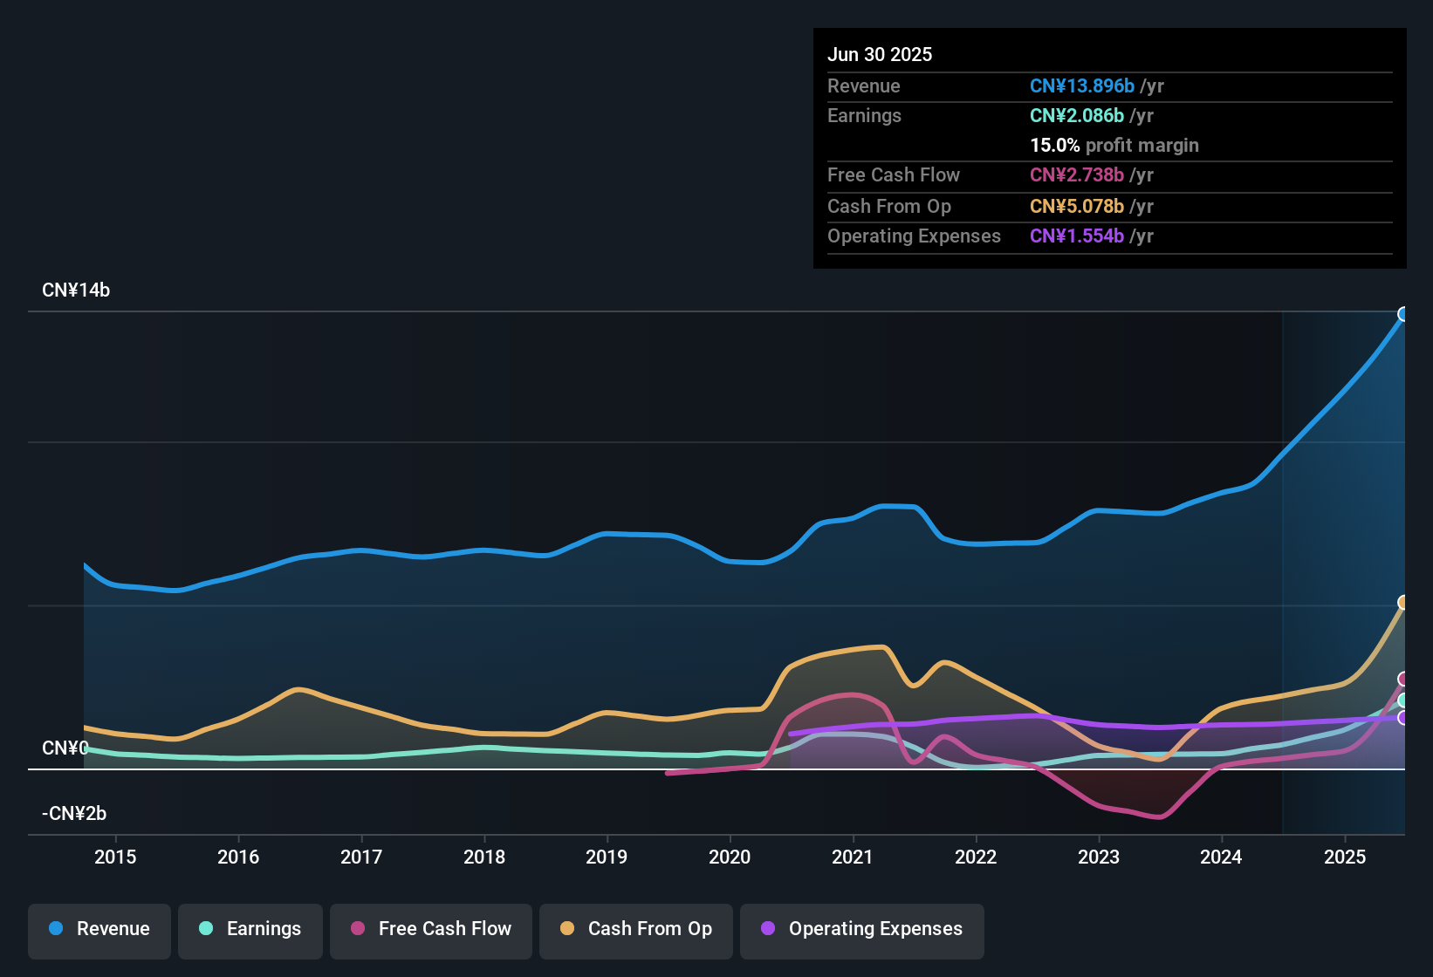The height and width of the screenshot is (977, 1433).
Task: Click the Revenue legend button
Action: [99, 929]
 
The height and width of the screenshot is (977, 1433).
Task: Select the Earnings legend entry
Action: [250, 929]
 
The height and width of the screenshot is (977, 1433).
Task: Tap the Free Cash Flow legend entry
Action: [431, 929]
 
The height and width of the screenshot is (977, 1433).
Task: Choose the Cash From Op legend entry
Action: [636, 929]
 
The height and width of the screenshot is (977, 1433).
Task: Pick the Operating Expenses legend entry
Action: [862, 929]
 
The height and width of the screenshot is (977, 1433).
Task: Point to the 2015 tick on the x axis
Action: [115, 857]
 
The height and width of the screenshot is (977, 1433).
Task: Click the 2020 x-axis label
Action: [730, 857]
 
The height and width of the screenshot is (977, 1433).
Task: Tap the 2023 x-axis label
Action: [1099, 857]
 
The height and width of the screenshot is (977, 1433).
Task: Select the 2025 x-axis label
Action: [1345, 857]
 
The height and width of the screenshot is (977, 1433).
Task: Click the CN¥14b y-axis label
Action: [76, 290]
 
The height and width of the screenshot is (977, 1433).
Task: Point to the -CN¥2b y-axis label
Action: [74, 814]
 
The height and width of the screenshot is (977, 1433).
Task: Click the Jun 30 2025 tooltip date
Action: [880, 54]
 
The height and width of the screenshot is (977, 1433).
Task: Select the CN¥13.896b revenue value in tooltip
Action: [1081, 85]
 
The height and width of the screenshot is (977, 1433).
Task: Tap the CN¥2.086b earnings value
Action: [1076, 115]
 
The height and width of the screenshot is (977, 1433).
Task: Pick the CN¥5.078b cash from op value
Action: [1076, 207]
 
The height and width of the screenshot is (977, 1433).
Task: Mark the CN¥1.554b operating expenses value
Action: [1076, 236]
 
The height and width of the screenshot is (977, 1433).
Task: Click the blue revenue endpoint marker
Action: [1403, 314]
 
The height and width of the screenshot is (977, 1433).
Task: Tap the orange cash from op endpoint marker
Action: [1403, 603]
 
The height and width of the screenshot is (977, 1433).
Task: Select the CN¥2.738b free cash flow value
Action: [1076, 175]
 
